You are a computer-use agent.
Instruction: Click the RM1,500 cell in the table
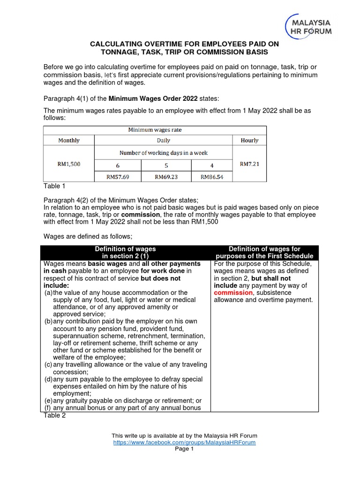tap(68, 164)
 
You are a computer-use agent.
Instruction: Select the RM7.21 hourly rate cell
tap(249, 164)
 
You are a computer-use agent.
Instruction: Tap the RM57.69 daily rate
tap(117, 177)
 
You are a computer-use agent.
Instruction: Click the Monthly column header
tap(68, 140)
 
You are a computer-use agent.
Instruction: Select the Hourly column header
tap(249, 140)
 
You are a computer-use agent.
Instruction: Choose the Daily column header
tap(164, 140)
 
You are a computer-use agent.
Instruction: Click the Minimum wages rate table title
tap(155, 130)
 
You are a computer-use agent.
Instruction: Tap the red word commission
tap(230, 292)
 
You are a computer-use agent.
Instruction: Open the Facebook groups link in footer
tap(184, 442)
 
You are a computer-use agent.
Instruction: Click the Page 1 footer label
tap(184, 449)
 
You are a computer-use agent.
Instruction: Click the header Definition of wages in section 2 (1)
tap(125, 253)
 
